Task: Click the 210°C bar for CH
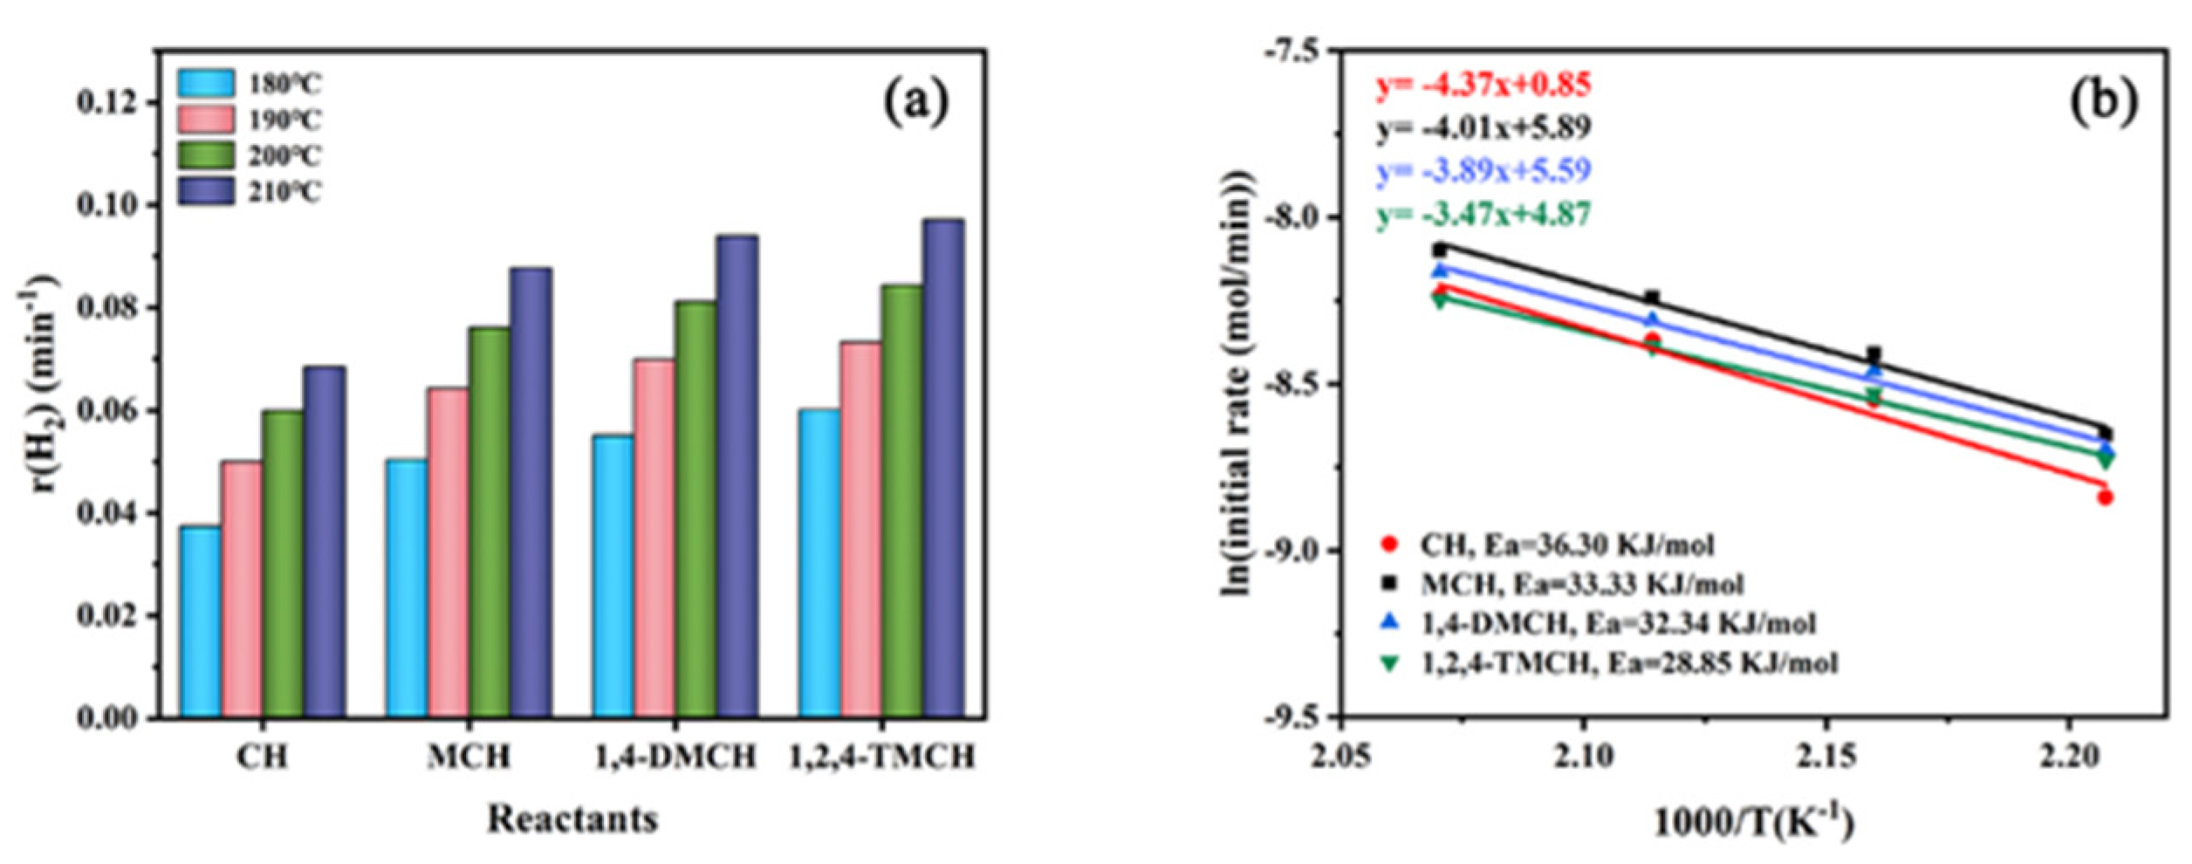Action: (324, 541)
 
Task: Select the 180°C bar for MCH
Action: (407, 588)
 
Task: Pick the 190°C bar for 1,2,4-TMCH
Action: (860, 530)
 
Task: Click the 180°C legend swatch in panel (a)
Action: (206, 83)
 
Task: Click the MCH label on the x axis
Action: (469, 757)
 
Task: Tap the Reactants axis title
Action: (572, 819)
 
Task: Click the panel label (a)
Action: (914, 102)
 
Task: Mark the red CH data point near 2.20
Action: (2105, 497)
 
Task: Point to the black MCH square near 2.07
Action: (1440, 250)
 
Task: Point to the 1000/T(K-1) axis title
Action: (1755, 822)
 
